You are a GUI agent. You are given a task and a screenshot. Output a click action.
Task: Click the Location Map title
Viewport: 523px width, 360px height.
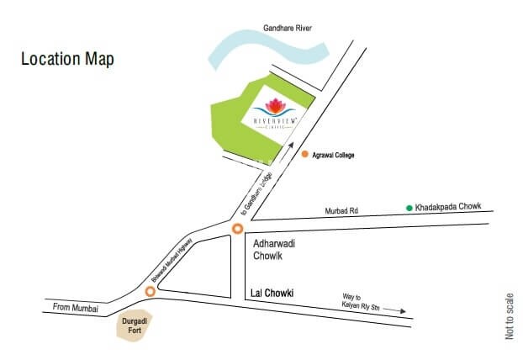[x=67, y=60]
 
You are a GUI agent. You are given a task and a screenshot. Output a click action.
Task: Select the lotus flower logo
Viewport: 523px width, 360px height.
[x=275, y=108]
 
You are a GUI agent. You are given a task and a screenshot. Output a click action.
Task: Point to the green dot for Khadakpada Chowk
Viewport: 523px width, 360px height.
[x=409, y=207]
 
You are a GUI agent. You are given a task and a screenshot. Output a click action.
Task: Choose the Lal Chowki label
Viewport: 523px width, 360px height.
[x=277, y=294]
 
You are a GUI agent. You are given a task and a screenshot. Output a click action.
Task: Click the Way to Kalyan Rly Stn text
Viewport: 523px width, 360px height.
[x=362, y=302]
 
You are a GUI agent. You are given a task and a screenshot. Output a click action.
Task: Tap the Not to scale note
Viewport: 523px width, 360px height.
[x=510, y=315]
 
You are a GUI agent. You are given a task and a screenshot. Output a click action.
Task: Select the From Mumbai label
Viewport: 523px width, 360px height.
[x=75, y=309]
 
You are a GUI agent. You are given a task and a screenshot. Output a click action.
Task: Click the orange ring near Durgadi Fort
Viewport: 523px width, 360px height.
[x=150, y=291]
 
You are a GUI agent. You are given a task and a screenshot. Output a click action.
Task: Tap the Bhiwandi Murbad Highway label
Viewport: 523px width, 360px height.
[x=172, y=260]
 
